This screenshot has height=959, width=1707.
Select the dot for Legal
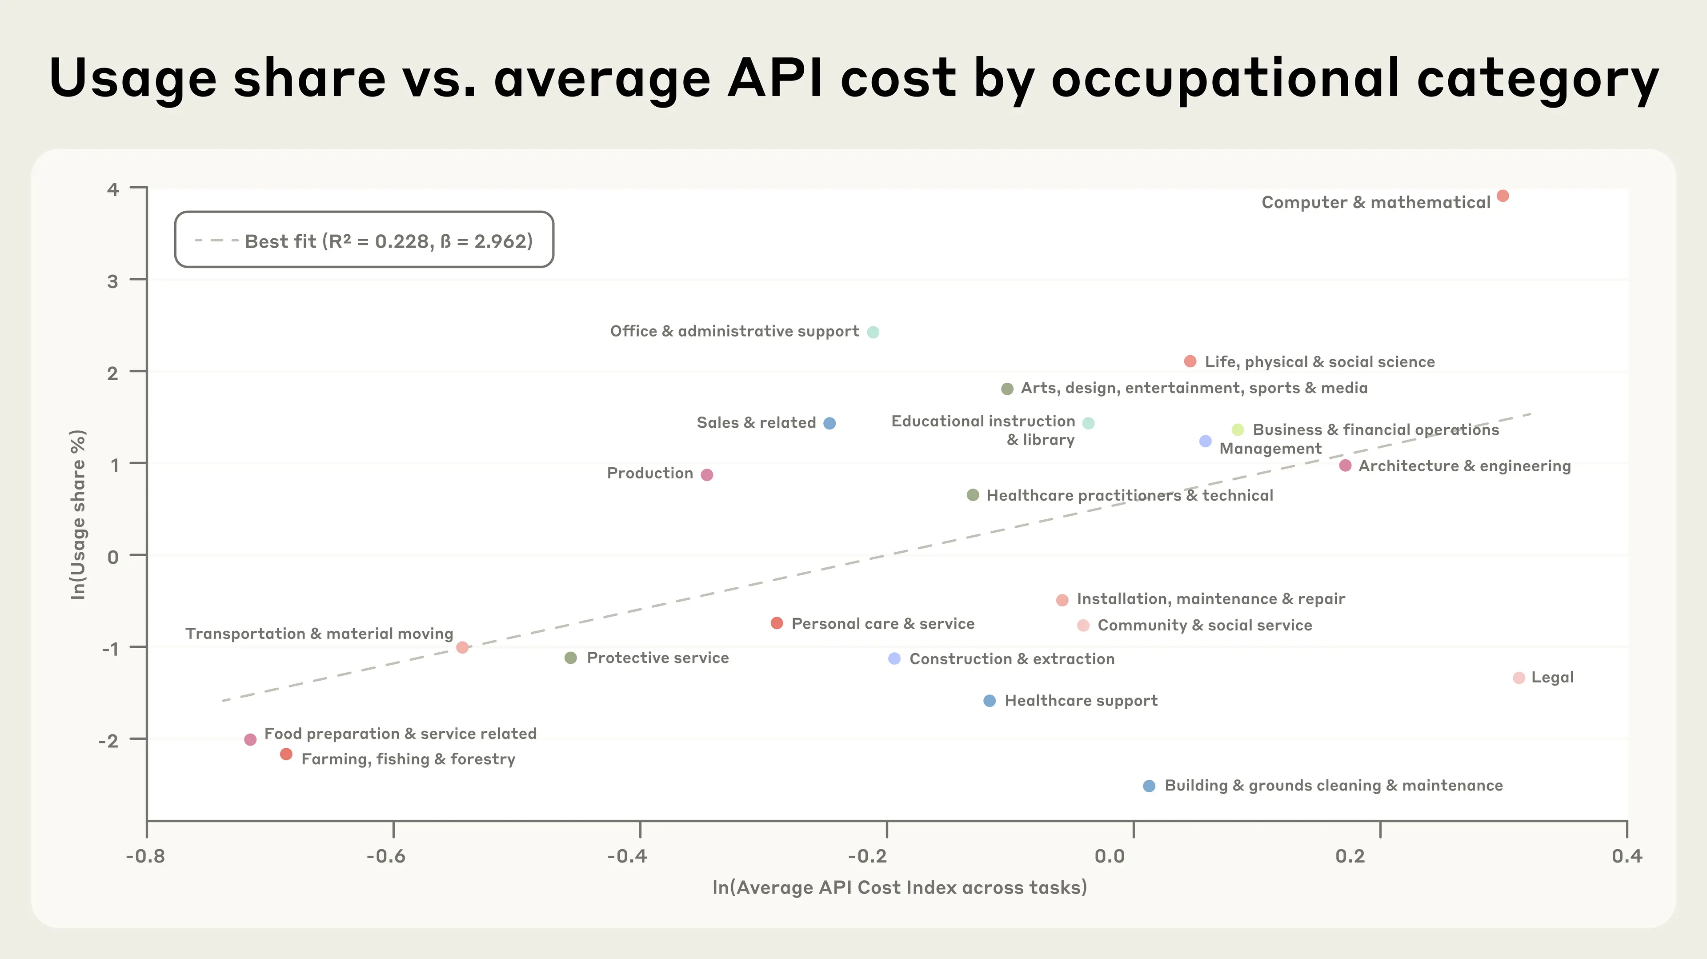point(1519,677)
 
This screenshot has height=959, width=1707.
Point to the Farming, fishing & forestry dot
point(286,754)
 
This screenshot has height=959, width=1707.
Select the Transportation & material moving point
point(462,647)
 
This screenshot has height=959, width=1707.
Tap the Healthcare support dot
point(990,701)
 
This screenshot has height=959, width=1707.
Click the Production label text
point(649,473)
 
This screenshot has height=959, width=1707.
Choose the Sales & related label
point(756,423)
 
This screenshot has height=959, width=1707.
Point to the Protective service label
point(657,658)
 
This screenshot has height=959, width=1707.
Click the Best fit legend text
point(389,241)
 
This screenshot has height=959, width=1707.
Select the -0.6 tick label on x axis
point(386,856)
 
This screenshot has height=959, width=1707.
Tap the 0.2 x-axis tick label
point(1350,856)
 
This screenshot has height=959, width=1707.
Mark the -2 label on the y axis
point(108,740)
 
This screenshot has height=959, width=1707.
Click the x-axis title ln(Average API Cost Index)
point(899,887)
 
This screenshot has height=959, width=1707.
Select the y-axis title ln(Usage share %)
point(78,514)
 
